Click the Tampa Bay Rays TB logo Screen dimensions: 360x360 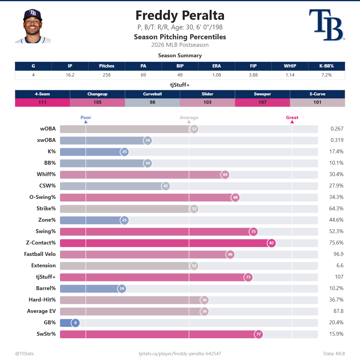point(327,25)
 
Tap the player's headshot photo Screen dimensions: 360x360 point(33,26)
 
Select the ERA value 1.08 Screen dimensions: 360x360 point(217,75)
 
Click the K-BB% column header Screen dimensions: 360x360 point(326,66)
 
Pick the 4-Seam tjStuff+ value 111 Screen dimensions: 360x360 point(42,102)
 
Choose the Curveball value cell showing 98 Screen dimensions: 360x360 point(152,102)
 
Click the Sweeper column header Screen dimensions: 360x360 point(262,94)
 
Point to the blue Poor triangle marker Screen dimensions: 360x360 point(86,122)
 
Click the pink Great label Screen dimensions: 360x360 point(292,118)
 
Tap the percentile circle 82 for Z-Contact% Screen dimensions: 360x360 point(271,243)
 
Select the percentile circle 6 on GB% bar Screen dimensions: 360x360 point(76,322)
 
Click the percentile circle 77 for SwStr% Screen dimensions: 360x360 point(259,334)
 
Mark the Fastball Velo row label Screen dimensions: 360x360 point(40,254)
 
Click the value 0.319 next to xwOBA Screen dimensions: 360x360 point(337,140)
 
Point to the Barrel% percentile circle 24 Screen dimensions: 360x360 point(122,288)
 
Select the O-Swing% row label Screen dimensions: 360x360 point(43,197)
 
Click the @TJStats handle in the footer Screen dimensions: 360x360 point(25,354)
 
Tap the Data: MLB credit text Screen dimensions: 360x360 point(334,354)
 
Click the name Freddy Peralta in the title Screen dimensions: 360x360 point(180,15)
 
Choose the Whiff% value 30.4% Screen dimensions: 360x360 point(336,174)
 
